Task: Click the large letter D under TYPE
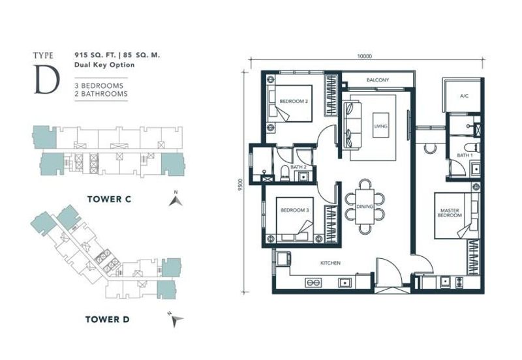pos(47,79)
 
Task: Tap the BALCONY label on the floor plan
pos(378,80)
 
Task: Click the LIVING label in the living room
pos(380,126)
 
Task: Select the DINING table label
pos(365,207)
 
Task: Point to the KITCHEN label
pos(330,263)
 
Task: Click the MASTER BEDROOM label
pos(450,213)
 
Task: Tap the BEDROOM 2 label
pos(294,101)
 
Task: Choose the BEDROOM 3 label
pos(295,210)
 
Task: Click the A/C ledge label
pos(464,96)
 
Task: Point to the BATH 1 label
pos(465,155)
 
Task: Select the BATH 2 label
pos(298,167)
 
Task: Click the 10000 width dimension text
pos(365,56)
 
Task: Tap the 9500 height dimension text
pos(241,185)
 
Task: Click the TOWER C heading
pos(109,200)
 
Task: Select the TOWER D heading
pos(107,320)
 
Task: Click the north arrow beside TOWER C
pos(176,201)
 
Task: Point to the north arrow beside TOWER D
pos(176,320)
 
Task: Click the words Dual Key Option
pos(104,65)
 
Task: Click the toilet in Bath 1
pos(472,147)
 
